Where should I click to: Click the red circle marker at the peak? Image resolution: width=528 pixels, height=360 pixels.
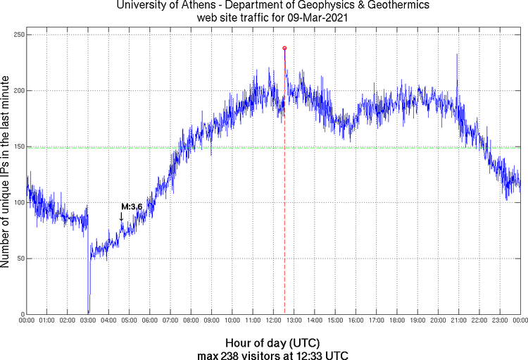point(284,48)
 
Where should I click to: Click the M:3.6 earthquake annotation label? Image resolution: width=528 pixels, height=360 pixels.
point(132,206)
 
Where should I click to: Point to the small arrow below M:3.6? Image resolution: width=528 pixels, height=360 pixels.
point(121,217)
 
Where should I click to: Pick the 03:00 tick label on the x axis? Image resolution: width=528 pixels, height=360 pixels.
point(89,321)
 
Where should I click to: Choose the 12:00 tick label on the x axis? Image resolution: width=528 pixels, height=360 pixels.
point(274,321)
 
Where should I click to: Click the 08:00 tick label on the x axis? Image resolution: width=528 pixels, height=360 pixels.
point(191,321)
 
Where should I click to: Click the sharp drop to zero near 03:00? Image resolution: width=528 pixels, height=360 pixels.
point(89,310)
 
